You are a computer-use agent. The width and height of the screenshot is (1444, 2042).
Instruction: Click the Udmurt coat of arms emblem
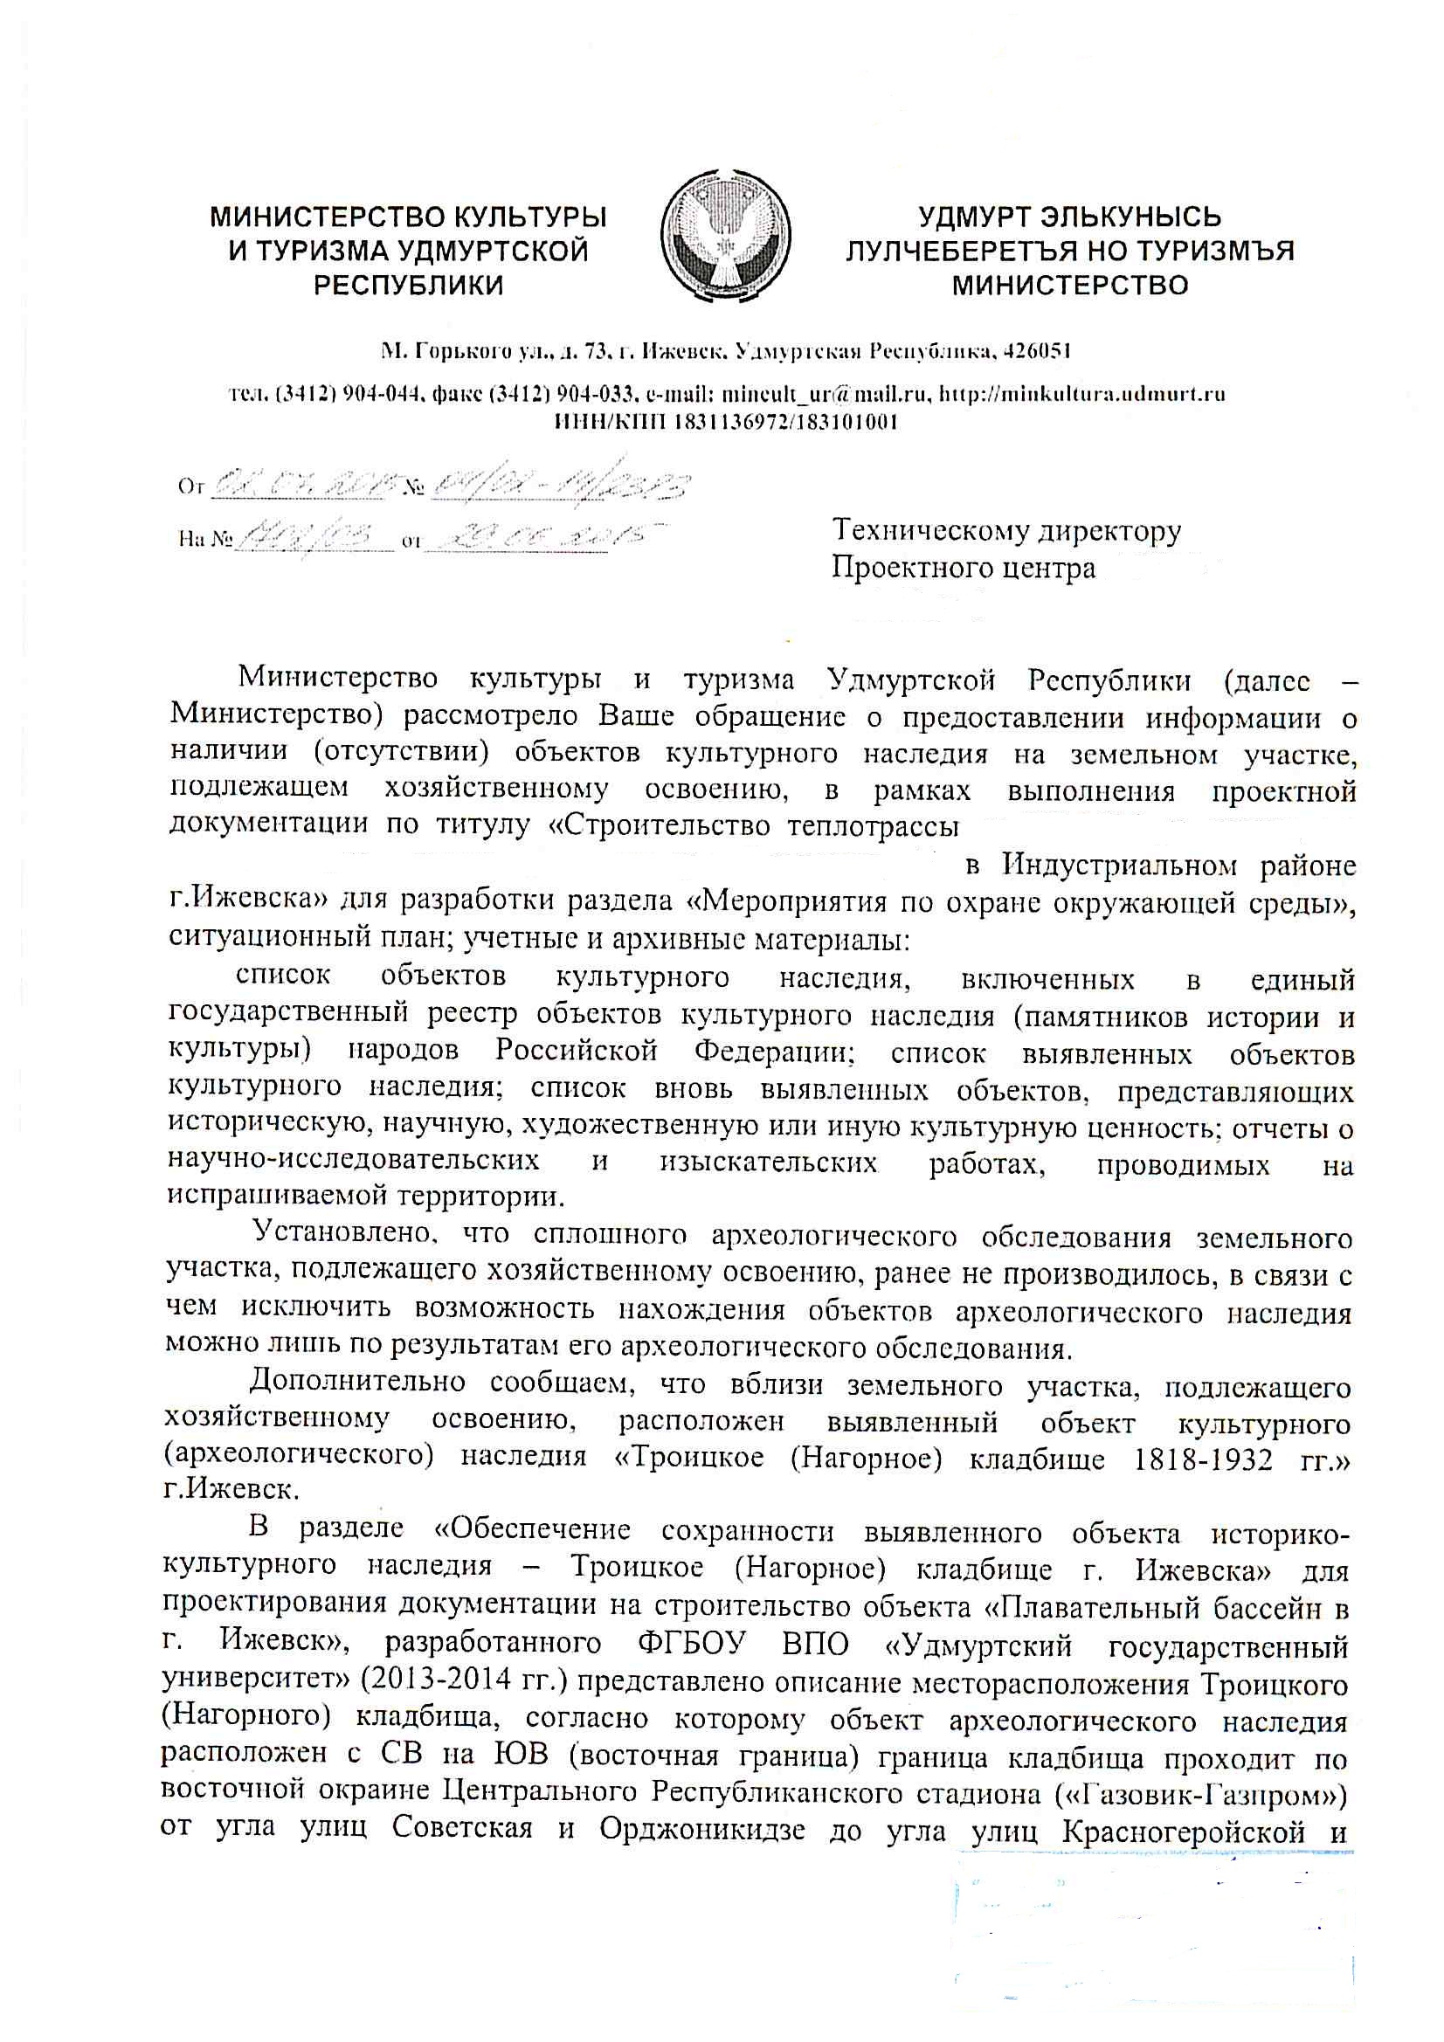[x=726, y=238]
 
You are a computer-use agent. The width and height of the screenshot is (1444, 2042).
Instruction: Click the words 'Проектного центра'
[x=963, y=568]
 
